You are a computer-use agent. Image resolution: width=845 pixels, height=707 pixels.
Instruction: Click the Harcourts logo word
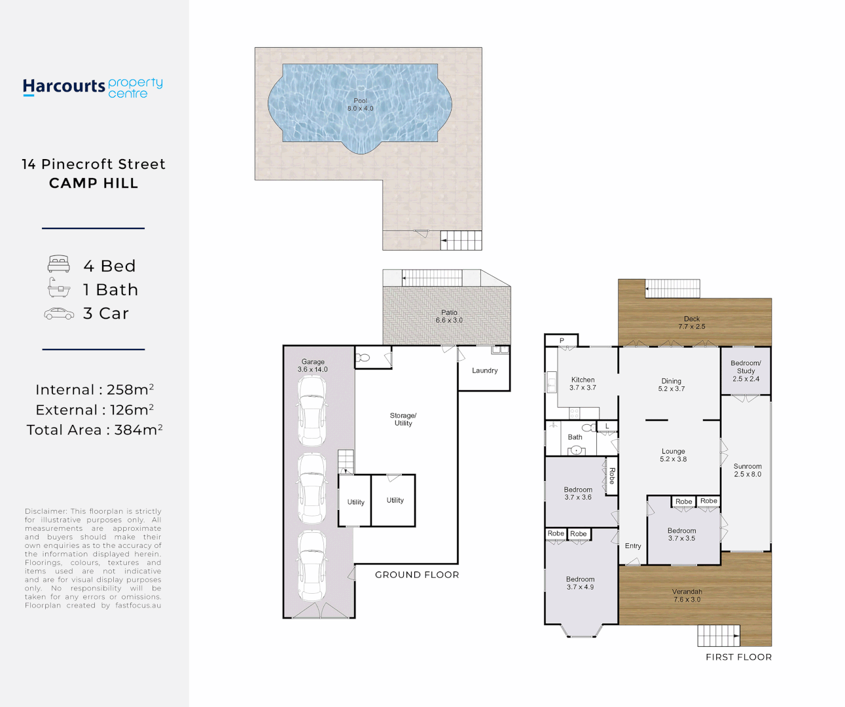point(63,86)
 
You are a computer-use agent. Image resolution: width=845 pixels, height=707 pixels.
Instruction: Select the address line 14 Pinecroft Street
point(94,164)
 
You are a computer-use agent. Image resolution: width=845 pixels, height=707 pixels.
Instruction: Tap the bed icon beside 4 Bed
point(59,264)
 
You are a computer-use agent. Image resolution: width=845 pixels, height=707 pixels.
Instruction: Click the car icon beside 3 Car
point(59,314)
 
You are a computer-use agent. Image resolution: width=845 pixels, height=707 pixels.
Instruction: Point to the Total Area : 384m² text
point(94,430)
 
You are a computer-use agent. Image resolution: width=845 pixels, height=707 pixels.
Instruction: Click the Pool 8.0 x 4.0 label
point(360,105)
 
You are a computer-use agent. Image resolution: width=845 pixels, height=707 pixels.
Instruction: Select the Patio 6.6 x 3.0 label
point(449,317)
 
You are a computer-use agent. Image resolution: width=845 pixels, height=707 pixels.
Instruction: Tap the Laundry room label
point(484,371)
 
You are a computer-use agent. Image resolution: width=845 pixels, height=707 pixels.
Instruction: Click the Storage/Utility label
point(403,420)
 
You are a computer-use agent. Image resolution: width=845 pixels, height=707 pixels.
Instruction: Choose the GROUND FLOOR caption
point(417,575)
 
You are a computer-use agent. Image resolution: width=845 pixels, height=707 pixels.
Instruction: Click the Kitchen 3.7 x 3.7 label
point(583,384)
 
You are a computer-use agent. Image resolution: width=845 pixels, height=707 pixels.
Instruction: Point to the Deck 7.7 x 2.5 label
point(692,323)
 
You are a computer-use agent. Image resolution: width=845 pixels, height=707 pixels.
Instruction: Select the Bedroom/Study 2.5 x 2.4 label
point(746,371)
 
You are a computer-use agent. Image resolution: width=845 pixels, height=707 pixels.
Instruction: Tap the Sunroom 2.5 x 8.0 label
point(747,470)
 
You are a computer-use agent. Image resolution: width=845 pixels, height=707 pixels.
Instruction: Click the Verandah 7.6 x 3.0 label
point(687,596)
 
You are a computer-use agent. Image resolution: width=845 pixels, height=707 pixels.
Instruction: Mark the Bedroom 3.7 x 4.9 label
point(580,583)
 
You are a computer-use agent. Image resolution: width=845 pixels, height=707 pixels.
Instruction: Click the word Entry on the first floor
point(633,546)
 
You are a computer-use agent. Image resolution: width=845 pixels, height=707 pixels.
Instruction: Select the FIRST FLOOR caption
point(738,657)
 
